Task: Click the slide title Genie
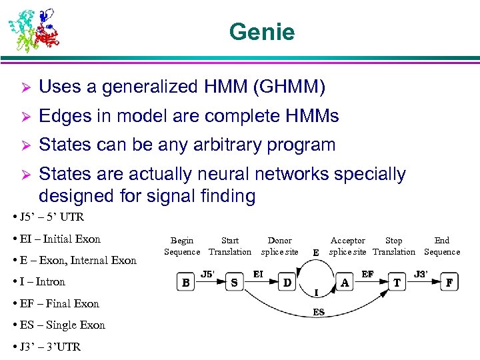(261, 32)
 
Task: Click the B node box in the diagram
(186, 283)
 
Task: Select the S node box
(234, 283)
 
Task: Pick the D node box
(287, 283)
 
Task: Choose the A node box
(345, 283)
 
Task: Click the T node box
(397, 283)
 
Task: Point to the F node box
(450, 283)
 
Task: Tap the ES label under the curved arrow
(319, 312)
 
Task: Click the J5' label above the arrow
(209, 273)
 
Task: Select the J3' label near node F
(421, 273)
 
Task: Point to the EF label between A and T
(367, 273)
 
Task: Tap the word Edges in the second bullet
(64, 116)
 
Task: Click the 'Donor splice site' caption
(279, 246)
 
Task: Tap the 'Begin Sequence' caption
(182, 246)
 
